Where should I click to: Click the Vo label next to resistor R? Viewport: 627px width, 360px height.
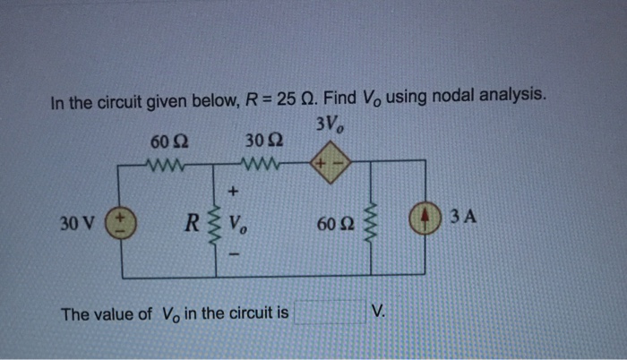(x=238, y=221)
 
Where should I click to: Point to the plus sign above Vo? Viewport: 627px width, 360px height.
(x=235, y=190)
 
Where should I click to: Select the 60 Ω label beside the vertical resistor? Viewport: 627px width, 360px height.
(x=336, y=220)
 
